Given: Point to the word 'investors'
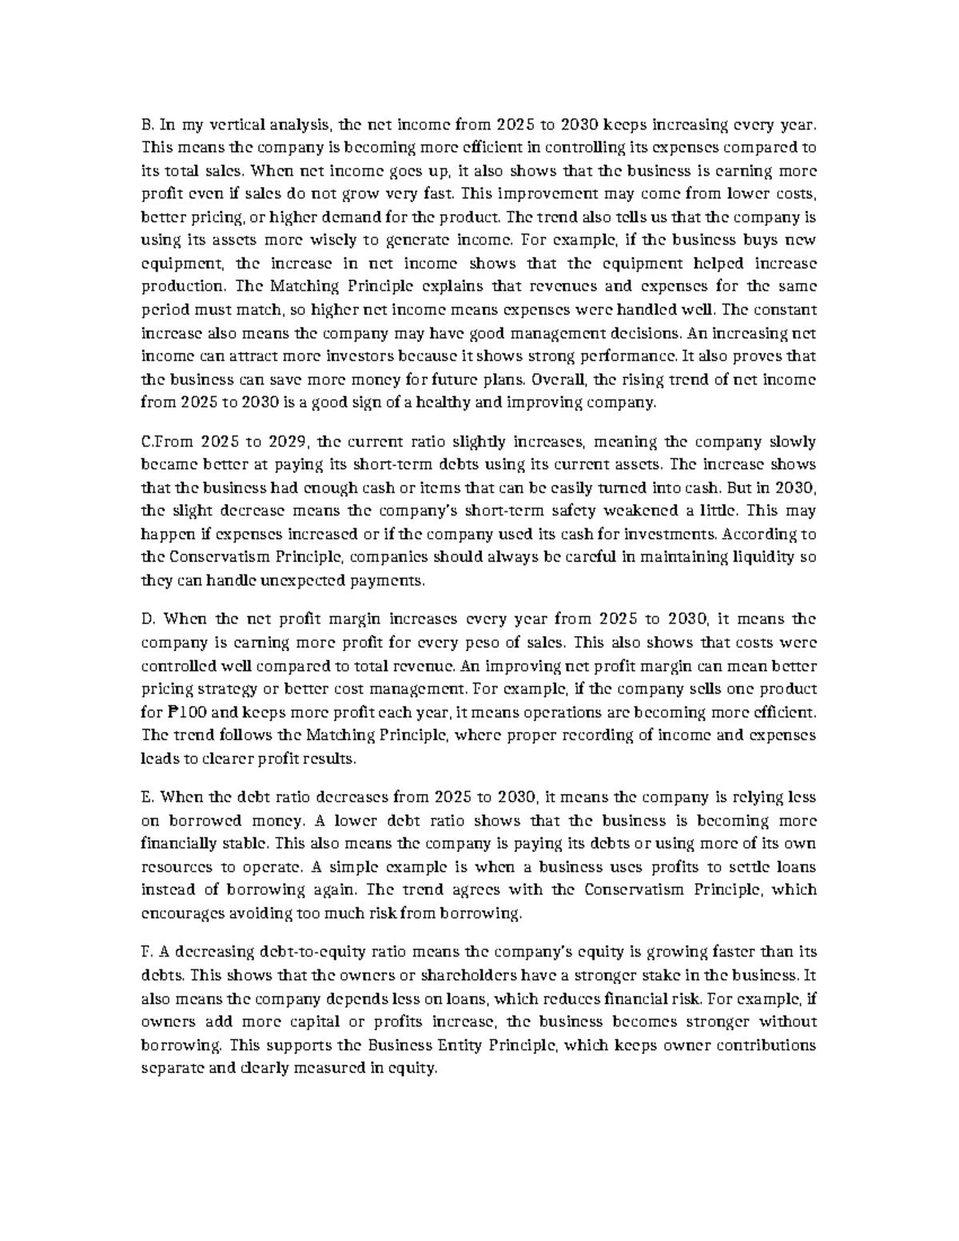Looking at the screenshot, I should pyautogui.click(x=355, y=356).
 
